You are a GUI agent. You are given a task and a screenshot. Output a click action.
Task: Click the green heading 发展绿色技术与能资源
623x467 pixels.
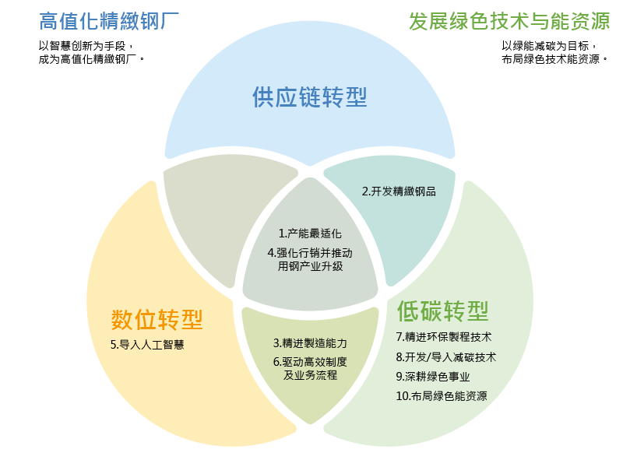pos(509,20)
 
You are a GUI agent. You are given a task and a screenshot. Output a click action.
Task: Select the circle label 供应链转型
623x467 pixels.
pos(309,97)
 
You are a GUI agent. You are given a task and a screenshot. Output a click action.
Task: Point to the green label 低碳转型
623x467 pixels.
pos(442,311)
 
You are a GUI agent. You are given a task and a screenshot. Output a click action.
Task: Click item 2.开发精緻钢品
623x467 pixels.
pos(398,191)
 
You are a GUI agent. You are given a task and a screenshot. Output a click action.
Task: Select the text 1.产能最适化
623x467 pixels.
pos(310,233)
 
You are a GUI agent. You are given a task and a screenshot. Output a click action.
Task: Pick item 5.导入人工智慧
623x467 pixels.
pos(147,344)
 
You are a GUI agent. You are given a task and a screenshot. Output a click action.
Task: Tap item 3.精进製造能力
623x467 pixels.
pos(310,342)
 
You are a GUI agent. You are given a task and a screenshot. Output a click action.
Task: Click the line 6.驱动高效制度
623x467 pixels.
pos(310,361)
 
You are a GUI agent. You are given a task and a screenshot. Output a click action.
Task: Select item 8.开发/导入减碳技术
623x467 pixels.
pos(445,356)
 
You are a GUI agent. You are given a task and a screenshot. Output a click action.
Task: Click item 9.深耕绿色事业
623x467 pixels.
pos(433,376)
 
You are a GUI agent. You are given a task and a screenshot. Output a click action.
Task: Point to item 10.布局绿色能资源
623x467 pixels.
pos(441,395)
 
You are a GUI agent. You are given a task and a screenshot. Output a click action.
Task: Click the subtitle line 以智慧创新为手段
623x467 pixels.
pos(86,46)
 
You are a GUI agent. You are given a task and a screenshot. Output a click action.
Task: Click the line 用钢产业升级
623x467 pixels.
pos(310,266)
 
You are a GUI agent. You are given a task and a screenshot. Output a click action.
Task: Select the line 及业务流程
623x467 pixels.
pos(310,375)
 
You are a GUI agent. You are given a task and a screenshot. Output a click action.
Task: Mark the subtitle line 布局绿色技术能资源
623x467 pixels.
pos(552,59)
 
